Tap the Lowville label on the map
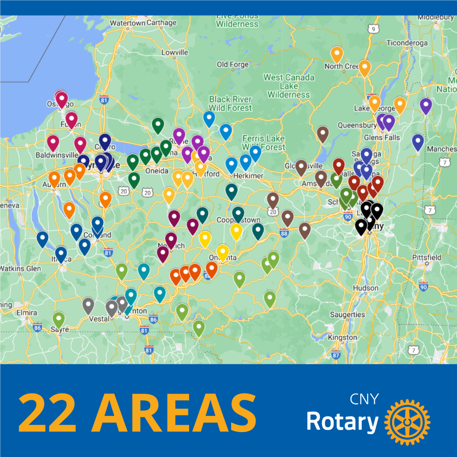(x=175, y=52)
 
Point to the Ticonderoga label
(x=407, y=43)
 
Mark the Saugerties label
(x=347, y=314)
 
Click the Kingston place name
(x=343, y=337)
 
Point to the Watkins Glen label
(x=20, y=268)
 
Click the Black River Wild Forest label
(x=230, y=103)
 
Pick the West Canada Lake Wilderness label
(x=289, y=86)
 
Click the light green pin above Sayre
(x=59, y=319)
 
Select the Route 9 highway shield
(x=373, y=29)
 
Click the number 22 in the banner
(x=47, y=412)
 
